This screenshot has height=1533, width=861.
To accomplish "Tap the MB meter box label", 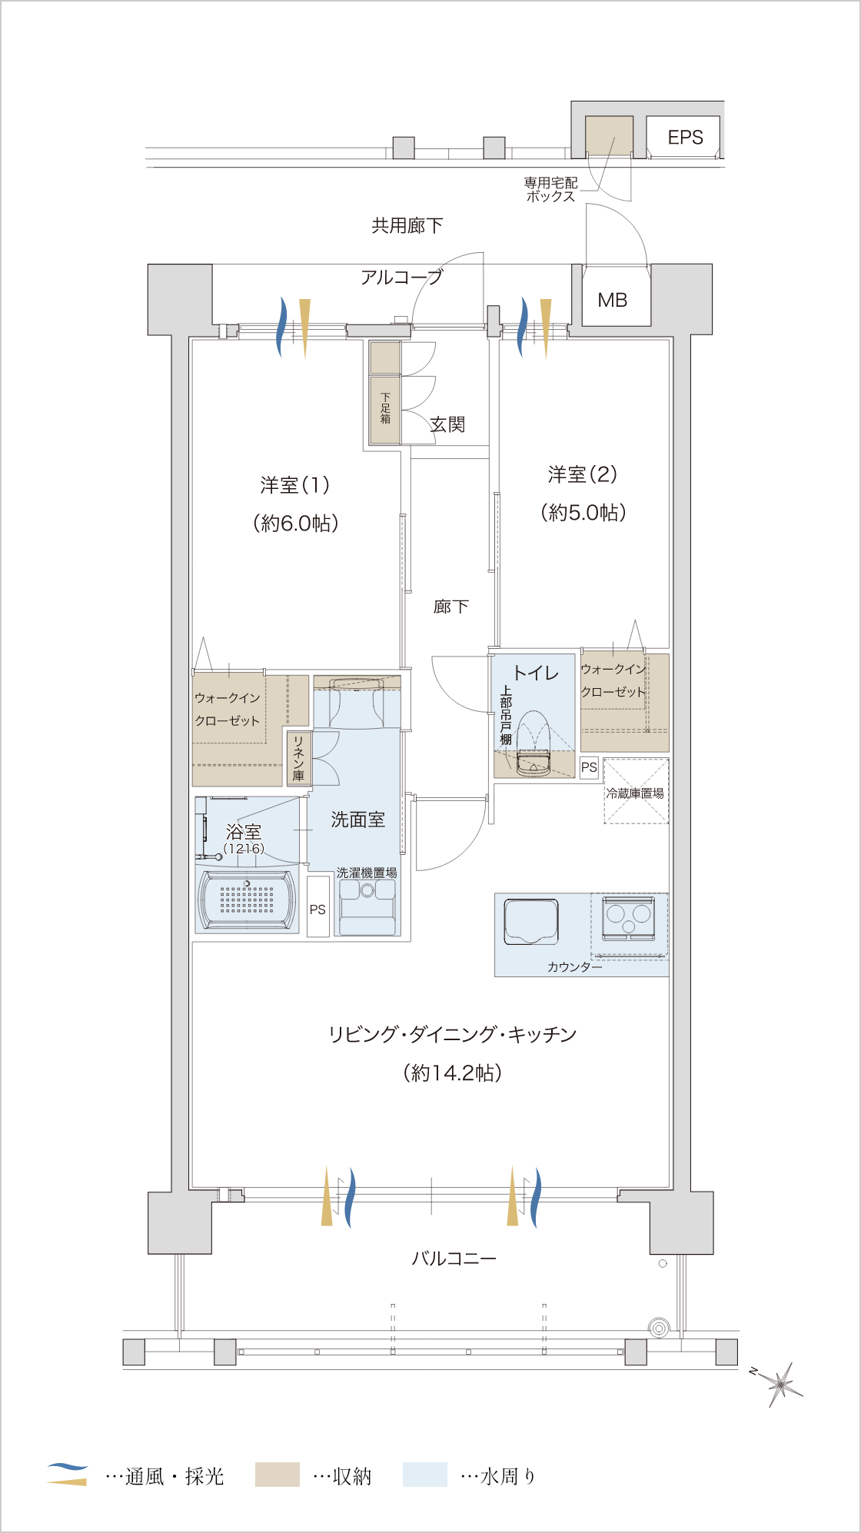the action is (613, 300).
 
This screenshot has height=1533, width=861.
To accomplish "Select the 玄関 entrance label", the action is (447, 424).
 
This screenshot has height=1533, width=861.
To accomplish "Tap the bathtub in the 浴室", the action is (247, 900).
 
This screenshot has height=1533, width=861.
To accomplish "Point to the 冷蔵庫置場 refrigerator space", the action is (636, 792).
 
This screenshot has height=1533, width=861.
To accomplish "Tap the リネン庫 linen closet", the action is (298, 758).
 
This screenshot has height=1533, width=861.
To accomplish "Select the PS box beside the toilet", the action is (589, 767).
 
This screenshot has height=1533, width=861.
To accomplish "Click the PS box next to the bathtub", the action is (317, 908).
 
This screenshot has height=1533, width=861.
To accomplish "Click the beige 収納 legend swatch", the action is (278, 1475).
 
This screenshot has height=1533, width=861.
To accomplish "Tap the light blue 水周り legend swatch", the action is (425, 1475).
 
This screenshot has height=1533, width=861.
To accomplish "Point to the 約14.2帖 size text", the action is (453, 1072).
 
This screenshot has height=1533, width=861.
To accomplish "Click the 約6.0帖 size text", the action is (296, 524).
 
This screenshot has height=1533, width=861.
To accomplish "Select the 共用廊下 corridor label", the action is (407, 225).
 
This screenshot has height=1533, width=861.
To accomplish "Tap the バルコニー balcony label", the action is (454, 1259).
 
